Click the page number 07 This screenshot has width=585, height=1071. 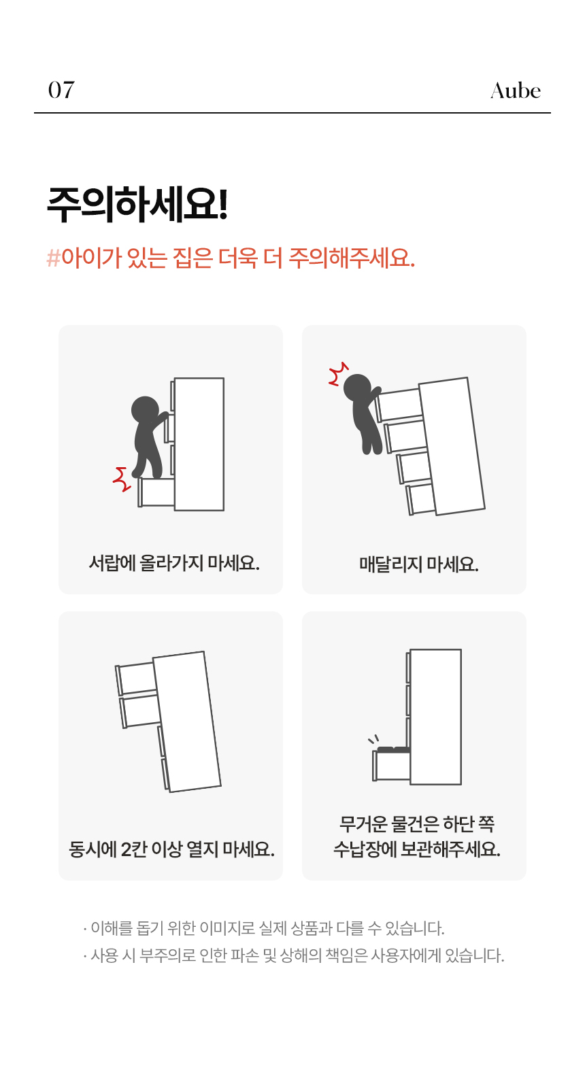click(x=61, y=90)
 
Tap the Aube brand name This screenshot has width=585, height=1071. click(x=515, y=90)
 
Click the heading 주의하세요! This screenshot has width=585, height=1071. click(x=137, y=204)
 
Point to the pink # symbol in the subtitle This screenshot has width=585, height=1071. click(x=53, y=258)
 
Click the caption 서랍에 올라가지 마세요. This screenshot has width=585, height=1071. click(x=174, y=563)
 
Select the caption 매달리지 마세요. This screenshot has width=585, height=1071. click(x=418, y=564)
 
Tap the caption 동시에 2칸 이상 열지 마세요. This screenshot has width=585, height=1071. click(x=171, y=849)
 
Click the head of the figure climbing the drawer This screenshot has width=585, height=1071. click(x=144, y=410)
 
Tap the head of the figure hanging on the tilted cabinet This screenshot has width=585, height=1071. click(x=357, y=388)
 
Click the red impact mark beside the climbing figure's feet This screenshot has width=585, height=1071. click(x=122, y=479)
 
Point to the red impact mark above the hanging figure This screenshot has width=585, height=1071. click(x=338, y=373)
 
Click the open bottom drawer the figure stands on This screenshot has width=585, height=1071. click(x=156, y=492)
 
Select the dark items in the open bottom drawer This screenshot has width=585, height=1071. click(x=394, y=749)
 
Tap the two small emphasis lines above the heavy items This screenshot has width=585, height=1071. click(x=373, y=739)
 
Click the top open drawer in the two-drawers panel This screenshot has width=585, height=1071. click(x=137, y=678)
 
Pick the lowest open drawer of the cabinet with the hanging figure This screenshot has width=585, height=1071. click(x=420, y=498)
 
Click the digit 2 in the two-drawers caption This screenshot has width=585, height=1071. click(x=126, y=849)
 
